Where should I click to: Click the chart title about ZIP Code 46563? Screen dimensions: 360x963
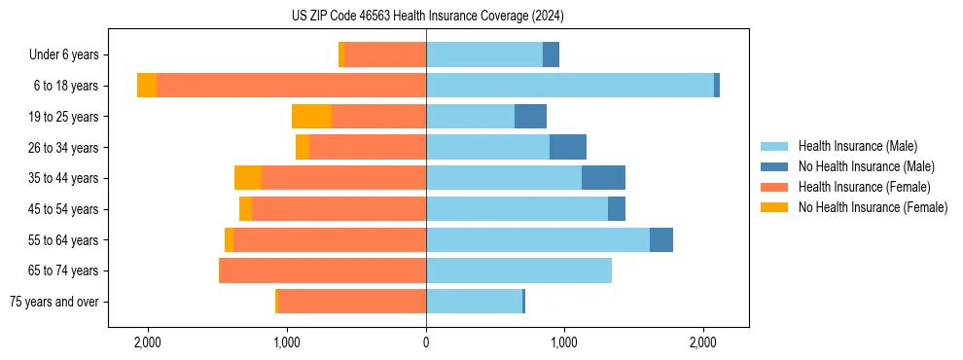pyautogui.click(x=427, y=16)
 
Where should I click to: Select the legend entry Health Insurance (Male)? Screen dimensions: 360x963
pyautogui.click(x=857, y=146)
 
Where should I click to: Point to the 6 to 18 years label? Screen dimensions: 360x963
pyautogui.click(x=65, y=86)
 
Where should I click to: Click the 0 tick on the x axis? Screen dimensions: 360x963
pyautogui.click(x=426, y=342)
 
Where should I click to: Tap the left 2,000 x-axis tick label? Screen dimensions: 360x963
pyautogui.click(x=148, y=342)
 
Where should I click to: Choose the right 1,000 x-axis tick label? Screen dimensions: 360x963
pyautogui.click(x=564, y=342)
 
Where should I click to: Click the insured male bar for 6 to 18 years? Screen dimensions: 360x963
pyautogui.click(x=570, y=86)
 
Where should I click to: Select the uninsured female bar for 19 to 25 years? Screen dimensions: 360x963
pyautogui.click(x=311, y=117)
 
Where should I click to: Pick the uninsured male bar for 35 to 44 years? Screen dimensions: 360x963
pyautogui.click(x=603, y=178)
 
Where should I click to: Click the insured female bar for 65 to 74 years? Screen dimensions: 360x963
pyautogui.click(x=323, y=270)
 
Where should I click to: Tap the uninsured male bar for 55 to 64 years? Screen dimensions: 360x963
pyautogui.click(x=661, y=239)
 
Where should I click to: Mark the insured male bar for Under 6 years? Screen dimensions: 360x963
pyautogui.click(x=484, y=54)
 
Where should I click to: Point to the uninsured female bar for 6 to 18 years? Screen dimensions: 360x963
pyautogui.click(x=147, y=86)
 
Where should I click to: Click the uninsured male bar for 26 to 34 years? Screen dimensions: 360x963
pyautogui.click(x=568, y=147)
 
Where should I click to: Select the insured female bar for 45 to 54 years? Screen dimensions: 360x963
pyautogui.click(x=339, y=209)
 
